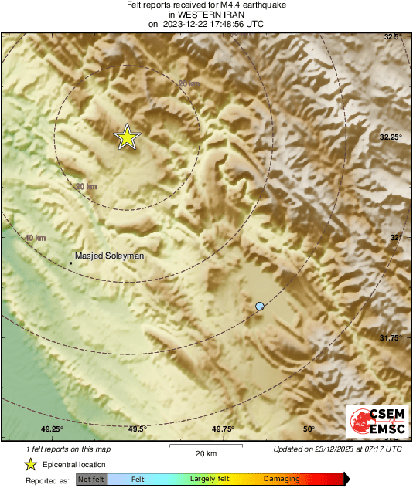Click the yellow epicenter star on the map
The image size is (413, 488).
127,137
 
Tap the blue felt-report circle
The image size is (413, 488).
260,307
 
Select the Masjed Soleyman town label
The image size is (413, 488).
109,255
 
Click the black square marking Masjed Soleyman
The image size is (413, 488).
71,263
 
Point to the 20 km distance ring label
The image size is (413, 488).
188,83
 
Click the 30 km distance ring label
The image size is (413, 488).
86,187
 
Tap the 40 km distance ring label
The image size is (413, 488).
35,239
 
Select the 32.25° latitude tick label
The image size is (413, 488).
391,137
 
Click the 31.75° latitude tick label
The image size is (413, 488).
391,338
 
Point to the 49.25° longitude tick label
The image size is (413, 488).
52,429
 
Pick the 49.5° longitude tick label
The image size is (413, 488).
137,429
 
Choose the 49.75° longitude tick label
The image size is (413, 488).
223,429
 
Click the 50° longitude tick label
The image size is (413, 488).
308,429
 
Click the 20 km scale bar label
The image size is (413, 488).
205,452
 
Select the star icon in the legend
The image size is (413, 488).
30,464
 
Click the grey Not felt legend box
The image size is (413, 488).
91,480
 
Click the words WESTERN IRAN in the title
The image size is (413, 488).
205,15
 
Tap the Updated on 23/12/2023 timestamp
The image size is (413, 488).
337,449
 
